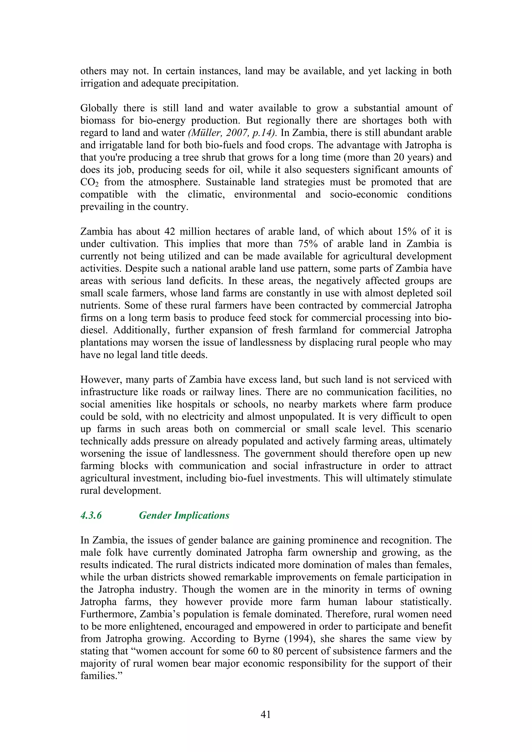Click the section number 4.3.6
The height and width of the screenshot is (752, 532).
(91, 516)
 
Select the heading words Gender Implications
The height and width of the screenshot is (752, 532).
(184, 516)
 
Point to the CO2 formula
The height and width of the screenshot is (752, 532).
(89, 182)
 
